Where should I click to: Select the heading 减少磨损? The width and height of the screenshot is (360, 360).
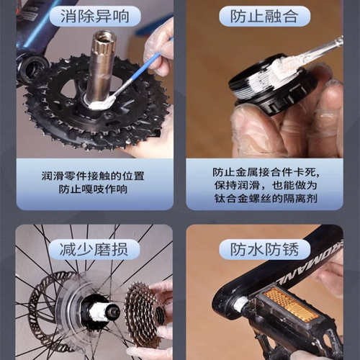94,250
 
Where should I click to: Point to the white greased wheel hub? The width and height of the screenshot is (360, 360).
97,311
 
